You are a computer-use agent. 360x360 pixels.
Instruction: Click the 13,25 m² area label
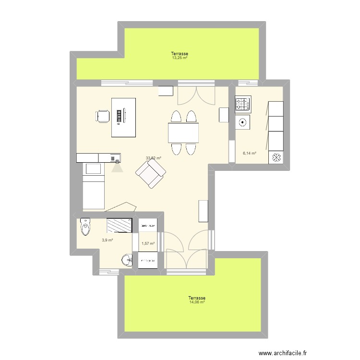[180, 58]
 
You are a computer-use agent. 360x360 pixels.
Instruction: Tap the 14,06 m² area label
[197, 302]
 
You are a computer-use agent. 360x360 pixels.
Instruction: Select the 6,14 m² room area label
[249, 154]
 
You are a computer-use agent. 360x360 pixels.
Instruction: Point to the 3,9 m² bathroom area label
[107, 240]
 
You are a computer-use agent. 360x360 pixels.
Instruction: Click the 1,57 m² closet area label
[148, 243]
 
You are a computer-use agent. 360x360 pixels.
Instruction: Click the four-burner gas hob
[242, 104]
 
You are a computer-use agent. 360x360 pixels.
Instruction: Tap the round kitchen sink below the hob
[243, 122]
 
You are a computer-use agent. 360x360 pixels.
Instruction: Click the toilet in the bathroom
[85, 227]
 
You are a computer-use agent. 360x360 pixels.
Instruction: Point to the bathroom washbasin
[127, 260]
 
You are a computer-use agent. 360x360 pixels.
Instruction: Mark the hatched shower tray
[119, 224]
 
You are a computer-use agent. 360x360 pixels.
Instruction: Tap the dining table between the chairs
[183, 132]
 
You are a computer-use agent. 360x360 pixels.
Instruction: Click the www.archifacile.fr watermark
[282, 353]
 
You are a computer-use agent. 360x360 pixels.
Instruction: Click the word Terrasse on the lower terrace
[197, 298]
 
